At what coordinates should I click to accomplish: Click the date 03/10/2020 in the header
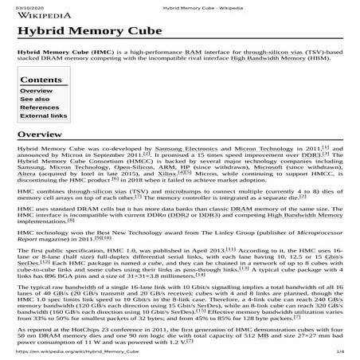23,6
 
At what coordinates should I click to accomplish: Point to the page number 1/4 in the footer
339,351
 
